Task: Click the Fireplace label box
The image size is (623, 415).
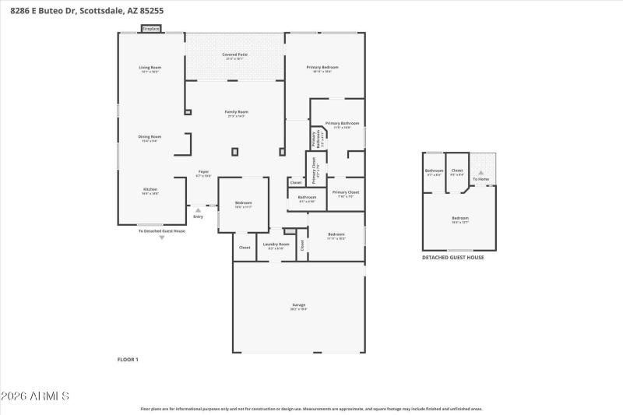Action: (150, 29)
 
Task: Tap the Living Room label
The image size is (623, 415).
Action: (150, 69)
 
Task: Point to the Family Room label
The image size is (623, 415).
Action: (236, 114)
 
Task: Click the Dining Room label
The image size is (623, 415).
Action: (150, 139)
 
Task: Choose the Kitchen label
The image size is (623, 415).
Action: (150, 192)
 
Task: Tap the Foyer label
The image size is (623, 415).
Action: (203, 173)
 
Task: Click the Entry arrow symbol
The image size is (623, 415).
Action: (198, 209)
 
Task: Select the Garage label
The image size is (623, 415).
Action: (298, 307)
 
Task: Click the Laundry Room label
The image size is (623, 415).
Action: (276, 246)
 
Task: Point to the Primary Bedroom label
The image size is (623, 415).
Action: (322, 69)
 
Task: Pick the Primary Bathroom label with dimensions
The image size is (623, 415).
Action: (342, 125)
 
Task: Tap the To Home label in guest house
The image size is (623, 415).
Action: (481, 179)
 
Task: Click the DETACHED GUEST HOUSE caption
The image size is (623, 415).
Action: (452, 258)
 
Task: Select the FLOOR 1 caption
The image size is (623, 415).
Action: (127, 359)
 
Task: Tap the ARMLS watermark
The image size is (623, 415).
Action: (35, 396)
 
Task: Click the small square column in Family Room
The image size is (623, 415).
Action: (235, 152)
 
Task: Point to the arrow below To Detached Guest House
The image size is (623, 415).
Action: (162, 237)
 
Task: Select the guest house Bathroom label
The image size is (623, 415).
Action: (434, 172)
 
